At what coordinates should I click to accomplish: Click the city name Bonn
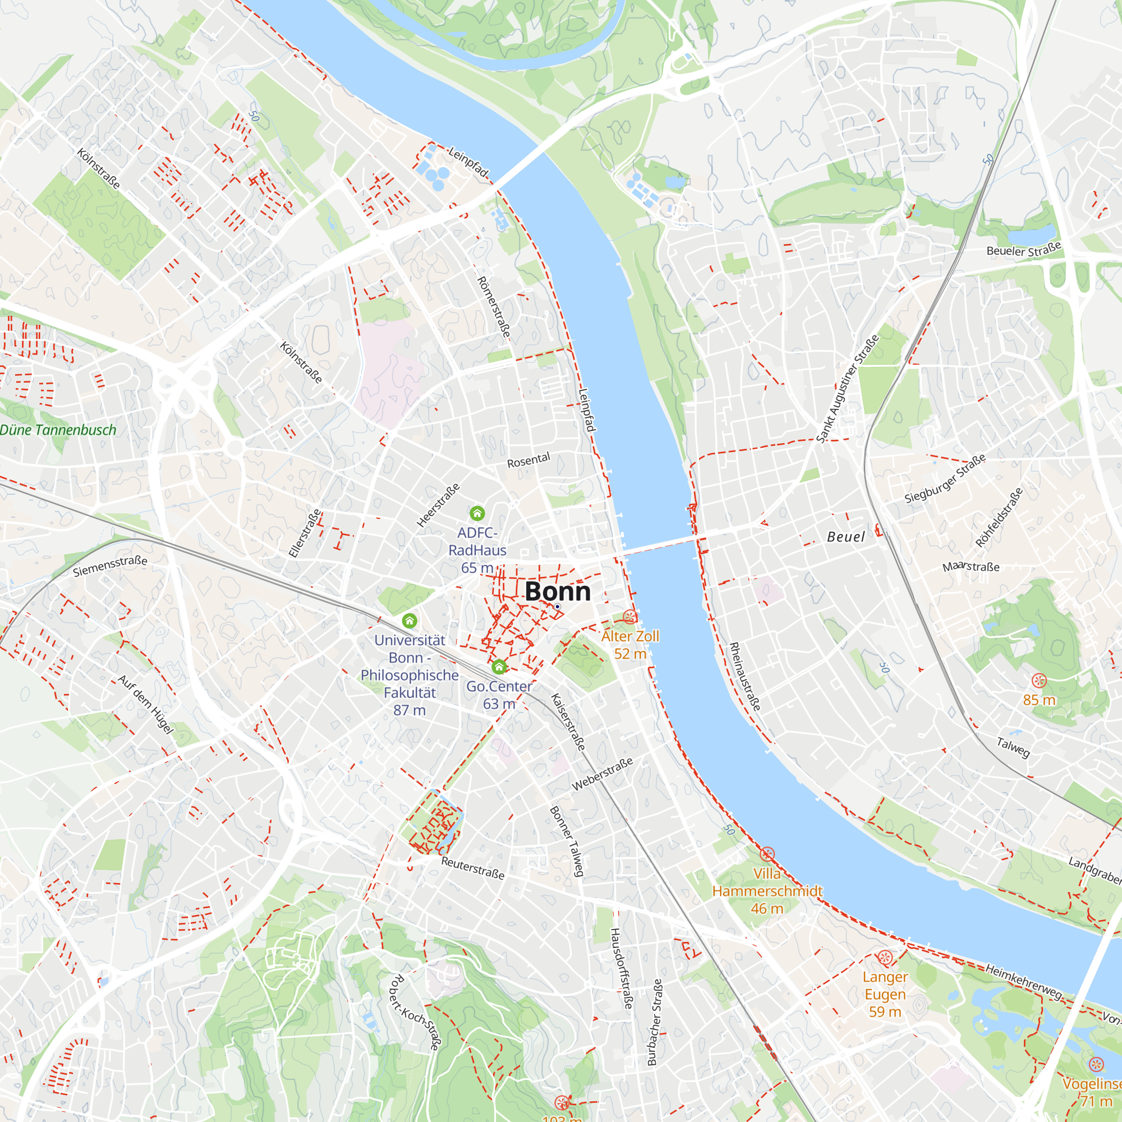(558, 592)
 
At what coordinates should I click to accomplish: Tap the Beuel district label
(845, 537)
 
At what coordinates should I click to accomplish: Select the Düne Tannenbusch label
(58, 430)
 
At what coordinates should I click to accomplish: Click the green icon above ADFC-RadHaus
(477, 513)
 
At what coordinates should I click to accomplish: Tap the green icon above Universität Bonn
(410, 621)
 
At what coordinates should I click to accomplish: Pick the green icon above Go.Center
(499, 666)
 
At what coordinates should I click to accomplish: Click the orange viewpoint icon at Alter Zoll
(629, 617)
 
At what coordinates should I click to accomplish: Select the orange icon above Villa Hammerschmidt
(767, 854)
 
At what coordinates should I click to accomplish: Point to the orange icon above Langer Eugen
(885, 957)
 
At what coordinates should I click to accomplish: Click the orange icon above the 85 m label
(1039, 680)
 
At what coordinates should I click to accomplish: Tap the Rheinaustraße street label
(744, 677)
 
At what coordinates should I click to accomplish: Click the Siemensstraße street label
(110, 566)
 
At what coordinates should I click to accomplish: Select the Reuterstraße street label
(473, 868)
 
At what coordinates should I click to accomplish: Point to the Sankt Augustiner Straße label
(847, 390)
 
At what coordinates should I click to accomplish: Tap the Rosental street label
(528, 461)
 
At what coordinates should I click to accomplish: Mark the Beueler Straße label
(1024, 250)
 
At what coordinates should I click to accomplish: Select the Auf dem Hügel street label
(146, 705)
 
